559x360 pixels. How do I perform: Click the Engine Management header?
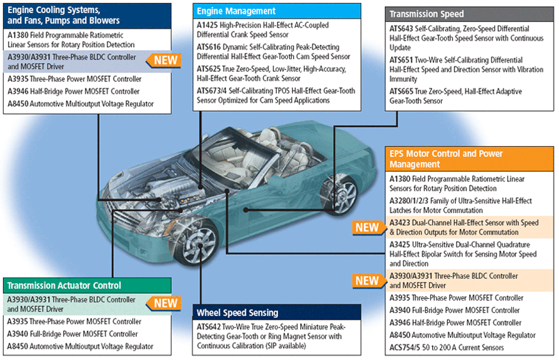(236, 11)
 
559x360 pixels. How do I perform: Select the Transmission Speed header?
(427, 14)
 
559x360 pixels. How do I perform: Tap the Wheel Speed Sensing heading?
(237, 312)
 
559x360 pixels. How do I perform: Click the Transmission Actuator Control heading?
(64, 286)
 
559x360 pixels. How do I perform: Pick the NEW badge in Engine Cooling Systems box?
(162, 61)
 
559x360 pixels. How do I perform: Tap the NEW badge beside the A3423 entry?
(367, 227)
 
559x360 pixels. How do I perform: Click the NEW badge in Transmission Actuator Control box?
(166, 304)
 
